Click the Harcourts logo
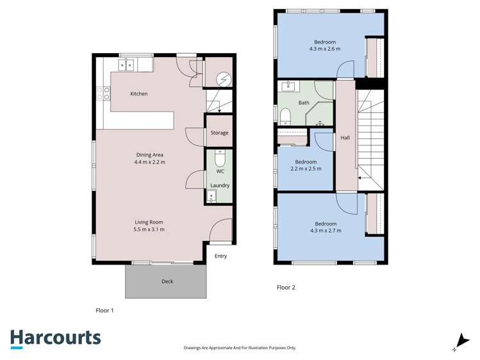coord(55,338)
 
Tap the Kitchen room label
coord(139,94)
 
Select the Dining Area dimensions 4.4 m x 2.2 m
coord(150,162)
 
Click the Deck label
coord(167,281)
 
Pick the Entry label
coord(220,256)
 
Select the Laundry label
coord(220,186)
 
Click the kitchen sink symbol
coord(126,65)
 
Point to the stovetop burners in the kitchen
coord(103,94)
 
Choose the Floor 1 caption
coord(104,310)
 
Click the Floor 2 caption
coord(286,288)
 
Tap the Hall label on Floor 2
coord(345,138)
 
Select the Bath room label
coord(304,102)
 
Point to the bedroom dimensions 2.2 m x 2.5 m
coord(306,169)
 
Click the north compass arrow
coord(460,341)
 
